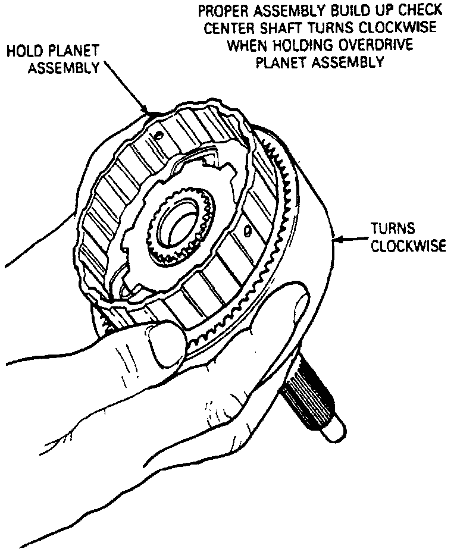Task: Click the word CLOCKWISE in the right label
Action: pyautogui.click(x=408, y=246)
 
